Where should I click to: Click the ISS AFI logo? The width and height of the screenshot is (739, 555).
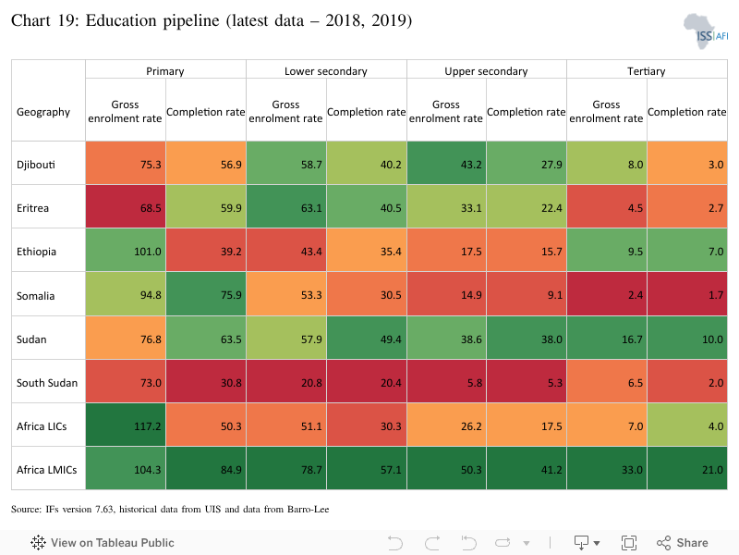click(x=706, y=31)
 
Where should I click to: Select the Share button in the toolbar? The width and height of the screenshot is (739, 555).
click(x=683, y=543)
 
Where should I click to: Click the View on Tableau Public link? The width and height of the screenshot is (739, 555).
click(x=103, y=543)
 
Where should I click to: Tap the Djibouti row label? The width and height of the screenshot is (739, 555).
click(x=36, y=165)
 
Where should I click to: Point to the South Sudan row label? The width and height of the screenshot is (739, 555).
click(x=47, y=383)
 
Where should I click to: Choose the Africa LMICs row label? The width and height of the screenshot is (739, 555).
click(x=47, y=470)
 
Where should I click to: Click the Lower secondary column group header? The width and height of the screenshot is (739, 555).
click(x=326, y=71)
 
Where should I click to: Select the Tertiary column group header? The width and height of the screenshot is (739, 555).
click(x=646, y=71)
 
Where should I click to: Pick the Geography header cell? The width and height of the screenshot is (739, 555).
click(x=43, y=112)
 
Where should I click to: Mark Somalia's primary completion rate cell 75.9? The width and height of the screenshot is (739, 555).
click(x=206, y=294)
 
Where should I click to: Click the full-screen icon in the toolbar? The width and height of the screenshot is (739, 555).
click(x=629, y=543)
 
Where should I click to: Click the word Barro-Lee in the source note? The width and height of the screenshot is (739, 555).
click(x=309, y=510)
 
